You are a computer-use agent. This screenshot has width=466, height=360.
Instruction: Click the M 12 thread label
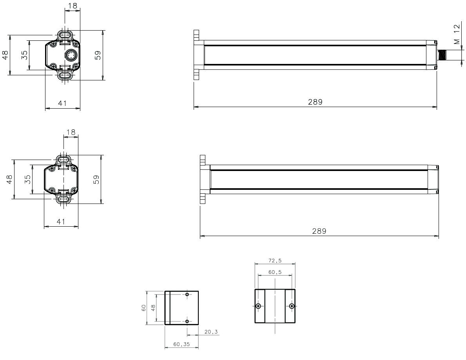click(x=457, y=34)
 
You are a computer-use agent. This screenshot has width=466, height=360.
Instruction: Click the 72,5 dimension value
click(x=275, y=261)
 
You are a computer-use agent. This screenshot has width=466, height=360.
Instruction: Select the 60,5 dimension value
click(x=275, y=272)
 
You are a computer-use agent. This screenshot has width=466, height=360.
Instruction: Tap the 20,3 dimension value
click(x=211, y=332)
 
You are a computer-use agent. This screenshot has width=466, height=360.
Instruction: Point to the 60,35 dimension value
click(x=181, y=344)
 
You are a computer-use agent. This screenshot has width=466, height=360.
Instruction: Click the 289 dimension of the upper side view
click(x=315, y=102)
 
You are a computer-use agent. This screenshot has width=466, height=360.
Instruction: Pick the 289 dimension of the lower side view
click(x=319, y=231)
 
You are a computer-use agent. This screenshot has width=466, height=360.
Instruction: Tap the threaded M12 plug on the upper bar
click(x=442, y=55)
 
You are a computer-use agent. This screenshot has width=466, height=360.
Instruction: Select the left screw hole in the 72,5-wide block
click(x=258, y=306)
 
